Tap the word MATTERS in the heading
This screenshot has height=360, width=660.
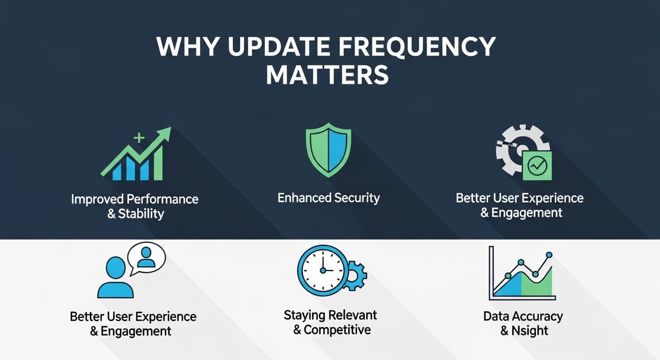327,75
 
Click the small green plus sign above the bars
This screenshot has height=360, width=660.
139,138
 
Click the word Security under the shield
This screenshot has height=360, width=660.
357,198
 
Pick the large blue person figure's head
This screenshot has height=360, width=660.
115,267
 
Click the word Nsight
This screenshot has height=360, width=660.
530,330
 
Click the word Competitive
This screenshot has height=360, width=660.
337,330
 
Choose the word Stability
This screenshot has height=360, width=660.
141,214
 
